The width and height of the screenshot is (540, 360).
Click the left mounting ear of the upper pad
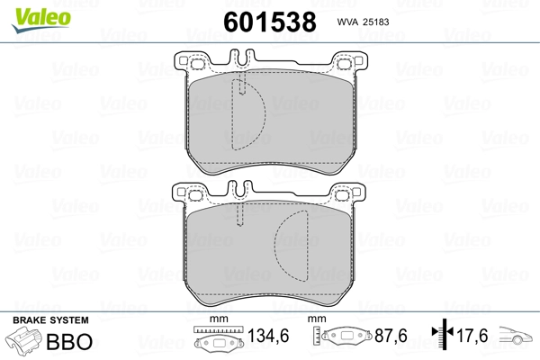191,63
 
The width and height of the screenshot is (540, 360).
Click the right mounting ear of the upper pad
346,63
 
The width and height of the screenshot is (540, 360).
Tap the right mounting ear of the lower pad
346,193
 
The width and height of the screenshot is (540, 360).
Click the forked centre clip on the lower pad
238,191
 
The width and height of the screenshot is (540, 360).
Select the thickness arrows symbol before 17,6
439,337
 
